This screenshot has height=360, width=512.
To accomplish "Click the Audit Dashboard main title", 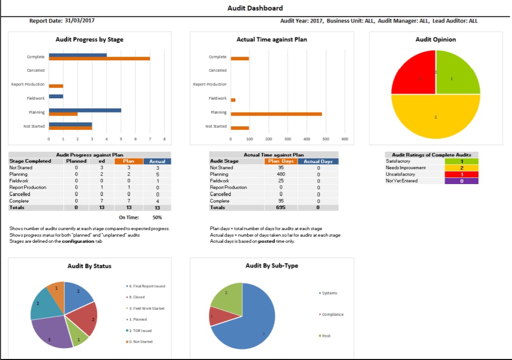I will pyautogui.click(x=255, y=8).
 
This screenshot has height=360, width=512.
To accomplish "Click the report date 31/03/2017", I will pyautogui.click(x=79, y=21).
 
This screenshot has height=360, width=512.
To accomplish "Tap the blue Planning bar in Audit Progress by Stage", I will pyautogui.click(x=85, y=110).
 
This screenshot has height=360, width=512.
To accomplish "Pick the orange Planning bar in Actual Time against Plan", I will pyautogui.click(x=276, y=114).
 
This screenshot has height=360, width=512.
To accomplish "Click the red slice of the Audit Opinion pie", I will pyautogui.click(x=413, y=73).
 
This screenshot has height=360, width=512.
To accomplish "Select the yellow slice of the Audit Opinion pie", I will pyautogui.click(x=435, y=117).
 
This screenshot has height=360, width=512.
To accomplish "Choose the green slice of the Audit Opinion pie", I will pyautogui.click(x=457, y=72).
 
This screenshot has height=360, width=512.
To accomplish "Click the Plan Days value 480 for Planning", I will pyautogui.click(x=281, y=174).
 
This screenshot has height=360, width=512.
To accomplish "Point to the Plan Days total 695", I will pyautogui.click(x=281, y=208).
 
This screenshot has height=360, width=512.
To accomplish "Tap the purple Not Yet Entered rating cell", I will pyautogui.click(x=462, y=181).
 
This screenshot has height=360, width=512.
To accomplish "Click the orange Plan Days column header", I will pyautogui.click(x=281, y=162).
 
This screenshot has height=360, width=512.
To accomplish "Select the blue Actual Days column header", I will pyautogui.click(x=318, y=162).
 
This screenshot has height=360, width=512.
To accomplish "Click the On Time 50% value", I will pyautogui.click(x=157, y=217).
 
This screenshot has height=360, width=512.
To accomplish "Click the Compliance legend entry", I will pyautogui.click(x=332, y=314).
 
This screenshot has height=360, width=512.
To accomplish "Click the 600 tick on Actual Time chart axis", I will pyautogui.click(x=345, y=139).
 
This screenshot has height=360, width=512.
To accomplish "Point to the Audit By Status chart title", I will pyautogui.click(x=90, y=266).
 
